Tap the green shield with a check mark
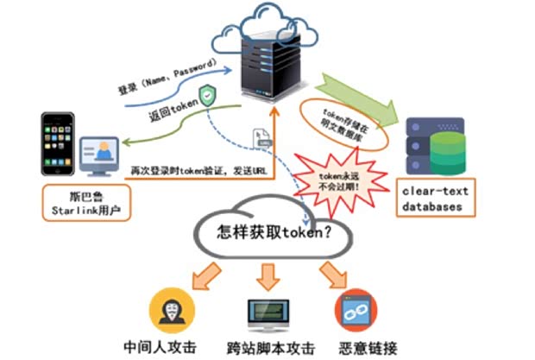pos(207,95)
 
